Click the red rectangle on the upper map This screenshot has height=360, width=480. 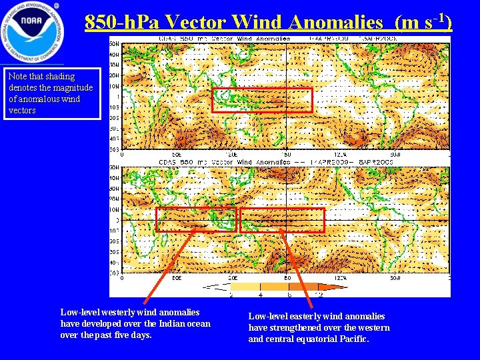coord(261,99)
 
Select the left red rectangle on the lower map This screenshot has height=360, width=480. coord(196,219)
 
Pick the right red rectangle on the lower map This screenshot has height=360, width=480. coord(282,220)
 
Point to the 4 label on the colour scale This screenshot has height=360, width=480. coord(259,294)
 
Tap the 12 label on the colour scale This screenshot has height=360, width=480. coord(321,294)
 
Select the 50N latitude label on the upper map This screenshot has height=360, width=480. coord(115,43)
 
